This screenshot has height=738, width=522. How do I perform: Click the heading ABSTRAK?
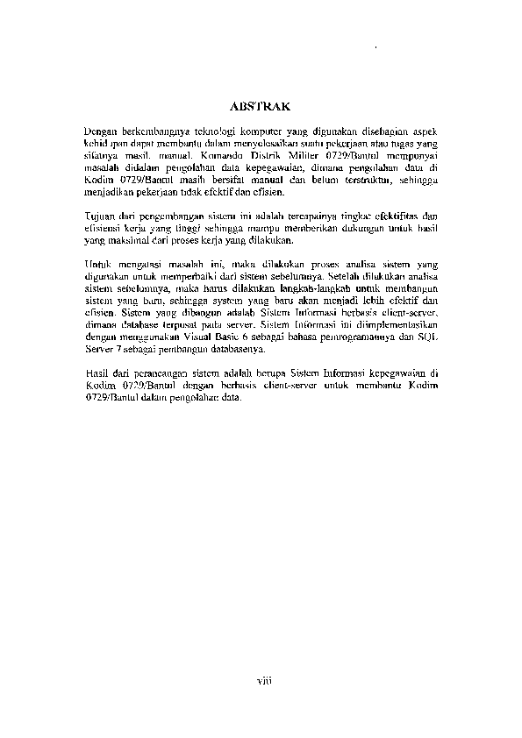[x=260, y=105]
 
